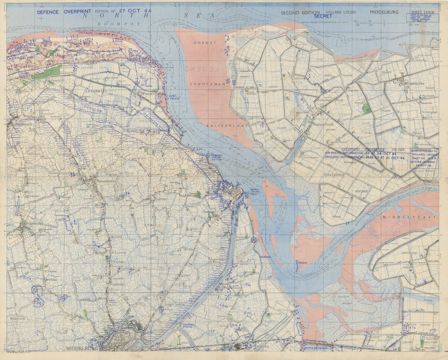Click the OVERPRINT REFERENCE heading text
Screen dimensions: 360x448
pyautogui.click(x=362, y=149)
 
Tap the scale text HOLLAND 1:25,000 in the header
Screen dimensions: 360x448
pyautogui.click(x=341, y=13)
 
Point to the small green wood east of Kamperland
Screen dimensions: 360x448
pyautogui.click(x=366, y=108)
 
